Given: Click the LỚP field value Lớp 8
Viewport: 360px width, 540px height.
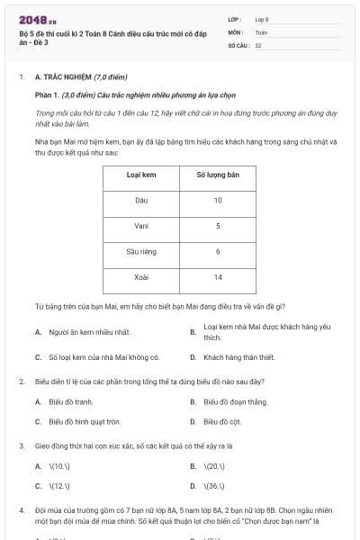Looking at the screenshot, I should click(x=262, y=19).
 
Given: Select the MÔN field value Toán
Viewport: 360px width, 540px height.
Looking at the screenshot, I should click(x=261, y=31).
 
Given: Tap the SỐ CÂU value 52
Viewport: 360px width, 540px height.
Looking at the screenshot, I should click(x=258, y=44).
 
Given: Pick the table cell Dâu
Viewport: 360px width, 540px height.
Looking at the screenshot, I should click(x=141, y=200).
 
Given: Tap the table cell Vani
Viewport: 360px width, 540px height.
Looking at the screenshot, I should click(x=141, y=225).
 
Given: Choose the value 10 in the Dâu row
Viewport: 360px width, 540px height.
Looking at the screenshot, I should click(x=218, y=200).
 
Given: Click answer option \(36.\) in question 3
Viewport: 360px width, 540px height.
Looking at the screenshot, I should click(x=215, y=486).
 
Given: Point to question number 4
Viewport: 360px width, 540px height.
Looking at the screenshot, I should click(x=21, y=509).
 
